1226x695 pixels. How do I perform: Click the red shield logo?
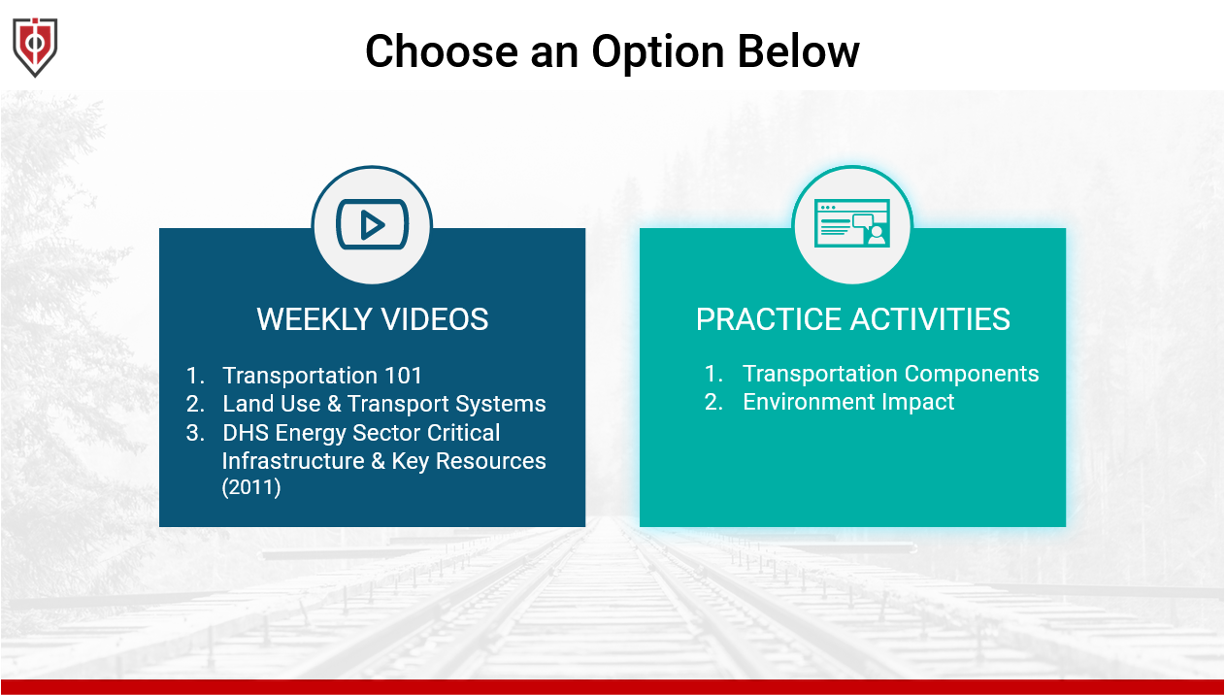point(35,47)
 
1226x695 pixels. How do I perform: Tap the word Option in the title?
point(658,52)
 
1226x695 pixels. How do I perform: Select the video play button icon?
point(372,224)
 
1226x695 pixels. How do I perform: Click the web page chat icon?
point(851,223)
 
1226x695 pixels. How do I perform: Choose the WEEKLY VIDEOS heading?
point(372,319)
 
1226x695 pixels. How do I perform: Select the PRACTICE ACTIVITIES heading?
point(852,319)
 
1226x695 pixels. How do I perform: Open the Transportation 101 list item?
point(322,376)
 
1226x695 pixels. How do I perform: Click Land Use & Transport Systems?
point(383,404)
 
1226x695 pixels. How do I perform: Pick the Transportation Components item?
point(890,374)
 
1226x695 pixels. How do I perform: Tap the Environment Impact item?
point(848,402)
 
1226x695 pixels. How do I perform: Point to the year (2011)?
point(251,487)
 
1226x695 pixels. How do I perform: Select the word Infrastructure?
point(293,461)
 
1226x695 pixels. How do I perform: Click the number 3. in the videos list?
point(195,433)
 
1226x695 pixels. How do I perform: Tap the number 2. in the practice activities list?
point(713,402)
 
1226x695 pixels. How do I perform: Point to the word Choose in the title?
point(442,51)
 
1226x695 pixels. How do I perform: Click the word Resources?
point(490,461)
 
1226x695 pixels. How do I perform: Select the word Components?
point(972,375)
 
